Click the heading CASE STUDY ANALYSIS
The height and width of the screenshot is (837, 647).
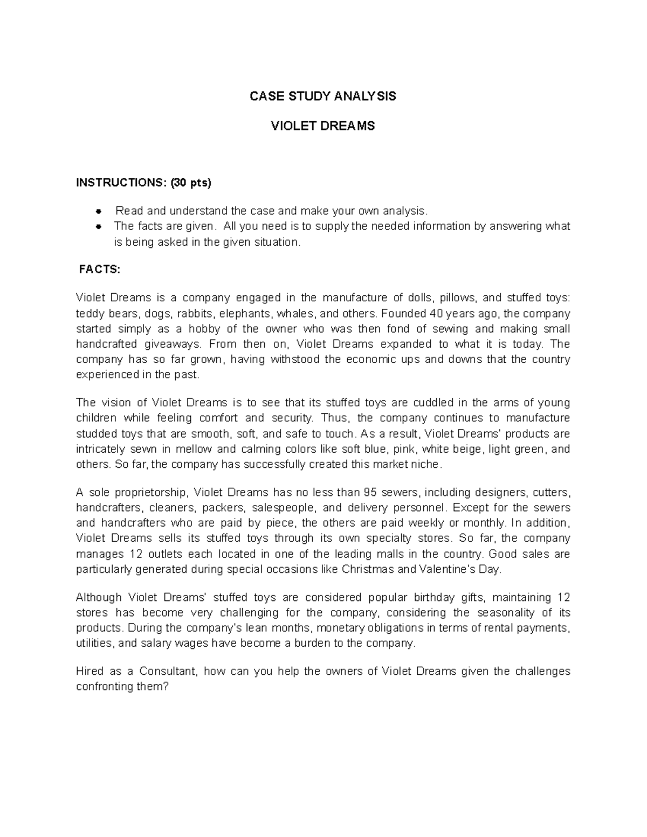tap(322, 96)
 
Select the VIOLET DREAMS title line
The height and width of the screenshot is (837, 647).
tap(322, 126)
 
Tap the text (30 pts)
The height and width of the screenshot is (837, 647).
tap(191, 183)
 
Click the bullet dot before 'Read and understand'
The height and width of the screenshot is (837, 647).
tap(99, 211)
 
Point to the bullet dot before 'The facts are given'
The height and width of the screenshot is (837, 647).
tap(99, 226)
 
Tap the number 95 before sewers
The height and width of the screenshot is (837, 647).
tap(370, 492)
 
